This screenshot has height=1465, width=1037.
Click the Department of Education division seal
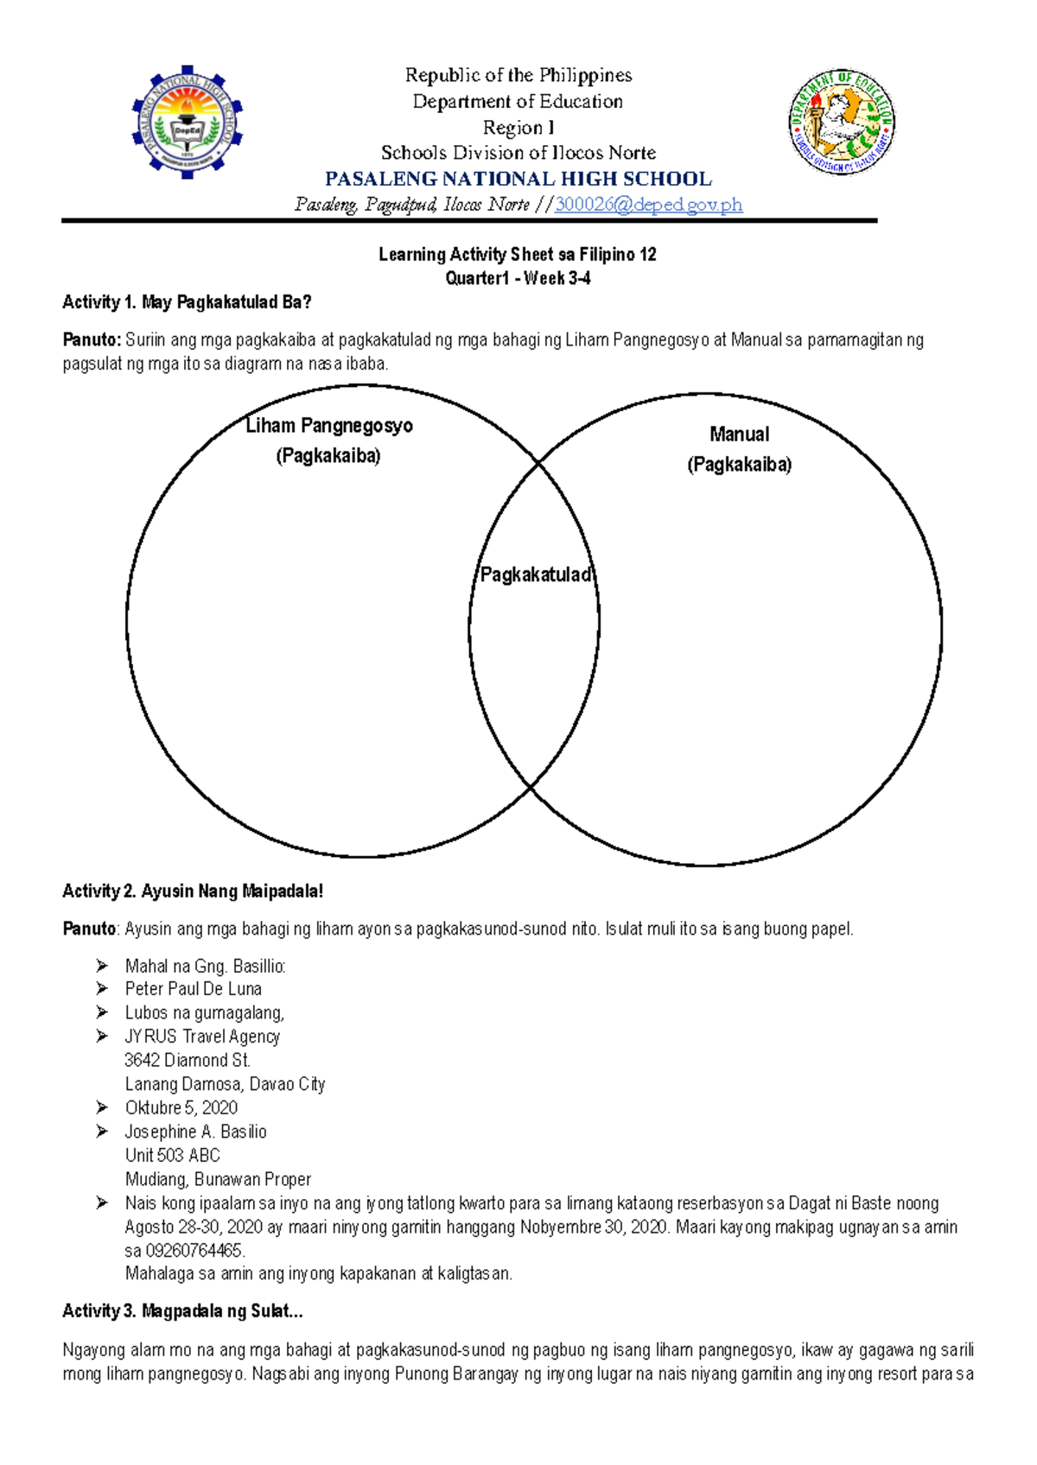pyautogui.click(x=842, y=122)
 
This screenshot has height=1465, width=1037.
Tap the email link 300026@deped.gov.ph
pyautogui.click(x=648, y=205)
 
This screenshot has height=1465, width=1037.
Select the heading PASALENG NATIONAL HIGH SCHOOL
pyautogui.click(x=518, y=179)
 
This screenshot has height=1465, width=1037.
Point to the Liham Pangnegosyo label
pyautogui.click(x=329, y=426)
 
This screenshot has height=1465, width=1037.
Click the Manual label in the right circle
pyautogui.click(x=739, y=434)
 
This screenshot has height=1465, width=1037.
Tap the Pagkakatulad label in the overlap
pyautogui.click(x=535, y=574)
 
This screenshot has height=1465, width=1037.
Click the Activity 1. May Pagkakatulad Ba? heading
pyautogui.click(x=187, y=302)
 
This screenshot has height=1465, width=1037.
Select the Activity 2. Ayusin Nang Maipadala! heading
pyautogui.click(x=193, y=891)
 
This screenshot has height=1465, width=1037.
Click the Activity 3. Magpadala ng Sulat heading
pyautogui.click(x=182, y=1311)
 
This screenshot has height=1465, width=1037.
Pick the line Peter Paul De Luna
pyautogui.click(x=193, y=989)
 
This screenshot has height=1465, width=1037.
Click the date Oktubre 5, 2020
pyautogui.click(x=181, y=1107)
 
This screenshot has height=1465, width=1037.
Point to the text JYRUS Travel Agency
pyautogui.click(x=202, y=1037)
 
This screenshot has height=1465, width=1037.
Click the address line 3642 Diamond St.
pyautogui.click(x=188, y=1060)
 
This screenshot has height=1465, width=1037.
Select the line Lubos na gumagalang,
pyautogui.click(x=204, y=1012)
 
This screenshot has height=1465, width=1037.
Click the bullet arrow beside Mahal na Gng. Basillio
pyautogui.click(x=102, y=966)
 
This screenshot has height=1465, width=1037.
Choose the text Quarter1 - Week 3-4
pyautogui.click(x=518, y=278)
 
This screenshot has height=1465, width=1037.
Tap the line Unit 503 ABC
pyautogui.click(x=172, y=1155)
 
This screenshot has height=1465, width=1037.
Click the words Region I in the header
pyautogui.click(x=518, y=128)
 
